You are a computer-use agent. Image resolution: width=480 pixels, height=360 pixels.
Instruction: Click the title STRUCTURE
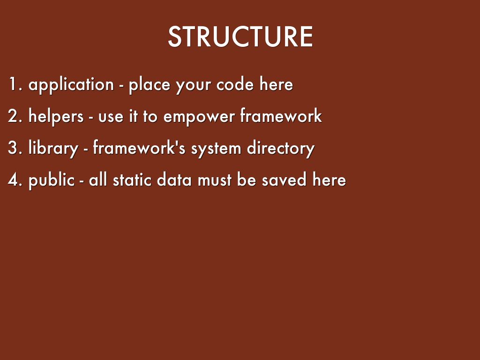240,37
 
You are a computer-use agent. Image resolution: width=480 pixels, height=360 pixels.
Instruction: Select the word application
71,85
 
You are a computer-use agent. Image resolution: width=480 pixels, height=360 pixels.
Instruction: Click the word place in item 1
150,85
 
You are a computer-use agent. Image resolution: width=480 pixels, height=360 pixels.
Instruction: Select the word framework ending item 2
281,115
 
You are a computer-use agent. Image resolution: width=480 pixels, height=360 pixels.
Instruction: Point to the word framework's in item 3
139,147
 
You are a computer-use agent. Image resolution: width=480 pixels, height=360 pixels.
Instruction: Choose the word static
132,179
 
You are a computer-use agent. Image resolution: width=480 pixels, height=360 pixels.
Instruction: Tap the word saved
284,179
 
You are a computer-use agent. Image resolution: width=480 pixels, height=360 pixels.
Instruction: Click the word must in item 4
215,180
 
